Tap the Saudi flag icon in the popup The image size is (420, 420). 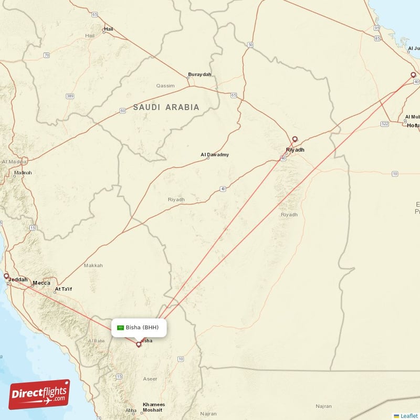pos(120,327)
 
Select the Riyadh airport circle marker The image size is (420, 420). pos(295,139)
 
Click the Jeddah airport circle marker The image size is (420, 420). pos(6,276)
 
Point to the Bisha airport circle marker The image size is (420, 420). pos(139,344)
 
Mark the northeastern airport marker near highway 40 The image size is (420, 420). pos(413,75)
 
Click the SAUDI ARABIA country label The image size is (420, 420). pos(166,107)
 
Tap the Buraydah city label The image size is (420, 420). pos(199,75)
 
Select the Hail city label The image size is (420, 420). pos(109,29)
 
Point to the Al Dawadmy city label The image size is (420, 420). pos(215,155)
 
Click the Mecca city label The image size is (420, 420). pos(41,283)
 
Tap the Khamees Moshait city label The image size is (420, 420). pos(154,407)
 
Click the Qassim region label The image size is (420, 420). pos(165,85)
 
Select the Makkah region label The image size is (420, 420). pos(93,266)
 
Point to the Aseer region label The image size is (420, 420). pos(150,379)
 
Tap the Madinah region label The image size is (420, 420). pos(23,172)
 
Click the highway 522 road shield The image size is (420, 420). pos(384,123)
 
